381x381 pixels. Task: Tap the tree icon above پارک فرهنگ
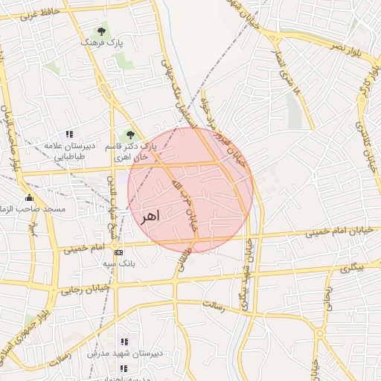[101, 31]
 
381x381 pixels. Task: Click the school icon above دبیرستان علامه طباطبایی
[69, 135]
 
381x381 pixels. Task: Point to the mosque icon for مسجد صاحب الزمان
[30, 197]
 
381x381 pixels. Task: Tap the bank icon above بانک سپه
[118, 253]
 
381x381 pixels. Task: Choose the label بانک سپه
[118, 264]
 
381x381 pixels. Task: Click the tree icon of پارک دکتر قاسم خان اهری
[131, 135]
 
